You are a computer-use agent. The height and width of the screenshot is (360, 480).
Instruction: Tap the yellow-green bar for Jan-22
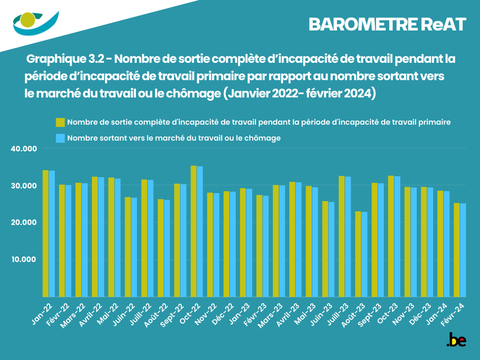pos(45,233)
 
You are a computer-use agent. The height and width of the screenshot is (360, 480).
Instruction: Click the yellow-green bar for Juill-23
pos(342,236)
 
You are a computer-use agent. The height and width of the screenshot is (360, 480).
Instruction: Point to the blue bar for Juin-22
pos(134,247)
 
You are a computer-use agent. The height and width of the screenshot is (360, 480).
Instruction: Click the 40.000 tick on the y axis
pos(23,149)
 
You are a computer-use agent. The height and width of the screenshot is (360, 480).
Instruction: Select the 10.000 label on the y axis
pos(23,259)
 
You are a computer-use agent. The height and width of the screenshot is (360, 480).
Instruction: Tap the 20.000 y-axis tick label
pos(23,222)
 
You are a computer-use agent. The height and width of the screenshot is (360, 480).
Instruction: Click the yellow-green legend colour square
pos(60,122)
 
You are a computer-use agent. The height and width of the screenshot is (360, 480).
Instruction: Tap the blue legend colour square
pos(60,138)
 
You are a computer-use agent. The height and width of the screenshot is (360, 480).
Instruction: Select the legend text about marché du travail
pos(174,138)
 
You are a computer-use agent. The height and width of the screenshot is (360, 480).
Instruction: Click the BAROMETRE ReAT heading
pos(387,25)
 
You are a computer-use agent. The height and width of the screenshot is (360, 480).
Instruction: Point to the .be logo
pos(456,340)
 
